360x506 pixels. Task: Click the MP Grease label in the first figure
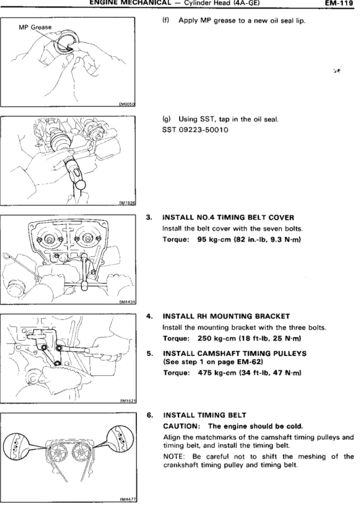pos(35,27)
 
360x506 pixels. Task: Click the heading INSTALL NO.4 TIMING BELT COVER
pos(228,218)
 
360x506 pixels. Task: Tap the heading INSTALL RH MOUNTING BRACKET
pos(226,316)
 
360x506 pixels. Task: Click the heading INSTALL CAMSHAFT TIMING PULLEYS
pos(235,353)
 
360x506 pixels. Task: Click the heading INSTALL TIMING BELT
pos(205,415)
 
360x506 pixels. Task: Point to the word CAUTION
pos(181,427)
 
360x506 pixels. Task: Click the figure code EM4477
pos(127,500)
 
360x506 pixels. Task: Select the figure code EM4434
pos(127,302)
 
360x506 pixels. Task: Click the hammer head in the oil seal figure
pos(80,185)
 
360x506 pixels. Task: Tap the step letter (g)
pos(166,119)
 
